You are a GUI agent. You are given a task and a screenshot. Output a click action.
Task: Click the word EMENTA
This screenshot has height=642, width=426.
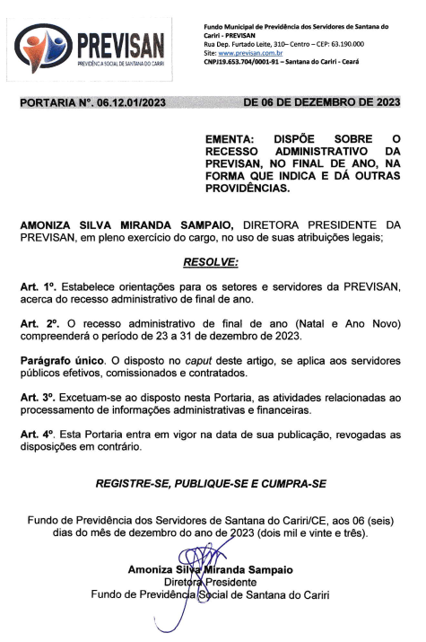coord(230,141)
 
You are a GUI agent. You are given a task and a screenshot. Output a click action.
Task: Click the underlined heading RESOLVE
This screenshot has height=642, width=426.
coord(212,262)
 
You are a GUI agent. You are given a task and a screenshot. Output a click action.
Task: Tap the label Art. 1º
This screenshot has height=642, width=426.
coord(37,286)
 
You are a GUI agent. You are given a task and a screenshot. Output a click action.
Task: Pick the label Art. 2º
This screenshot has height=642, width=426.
coord(37,322)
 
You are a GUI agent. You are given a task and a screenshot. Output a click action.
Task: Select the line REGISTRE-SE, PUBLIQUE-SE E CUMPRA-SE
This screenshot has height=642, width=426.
coord(212,484)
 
